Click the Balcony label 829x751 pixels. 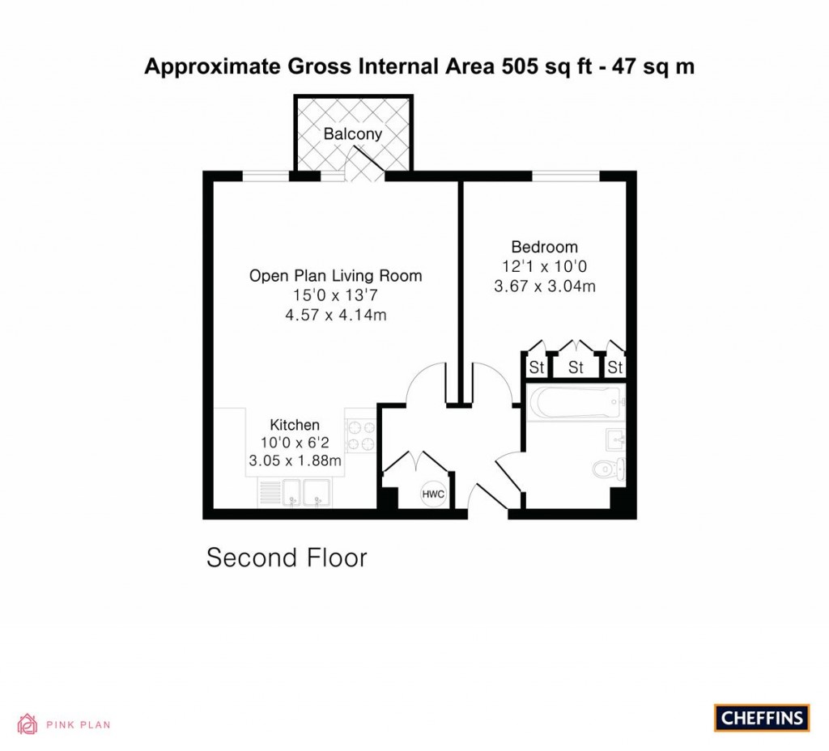point(352,134)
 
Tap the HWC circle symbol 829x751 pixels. point(433,494)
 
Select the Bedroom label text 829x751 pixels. point(544,247)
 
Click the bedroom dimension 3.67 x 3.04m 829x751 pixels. point(544,286)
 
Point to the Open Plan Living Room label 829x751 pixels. point(335,276)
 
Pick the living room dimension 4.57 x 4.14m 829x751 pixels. point(335,315)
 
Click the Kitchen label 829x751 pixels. point(295,425)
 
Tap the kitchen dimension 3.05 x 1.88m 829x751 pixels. point(295,462)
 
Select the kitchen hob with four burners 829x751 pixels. point(360,437)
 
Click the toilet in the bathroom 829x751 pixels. point(608,469)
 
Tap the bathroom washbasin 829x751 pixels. point(616,439)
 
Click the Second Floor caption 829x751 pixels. point(287,558)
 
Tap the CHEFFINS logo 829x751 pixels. point(762,718)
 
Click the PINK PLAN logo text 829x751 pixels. point(78,725)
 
